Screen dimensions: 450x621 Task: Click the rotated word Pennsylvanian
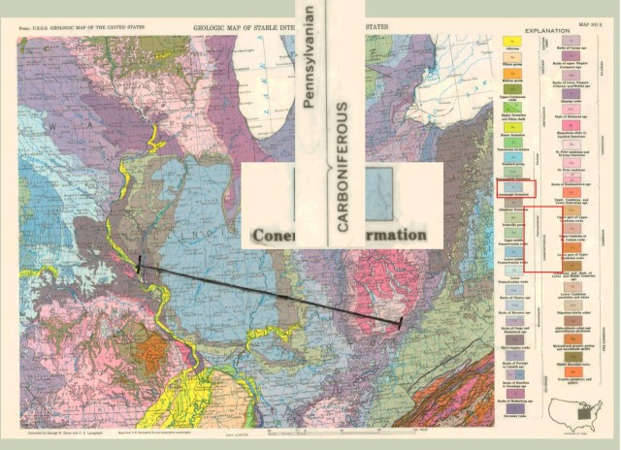(310, 43)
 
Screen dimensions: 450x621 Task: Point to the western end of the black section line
(141, 263)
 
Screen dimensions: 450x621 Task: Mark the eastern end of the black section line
(401, 322)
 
